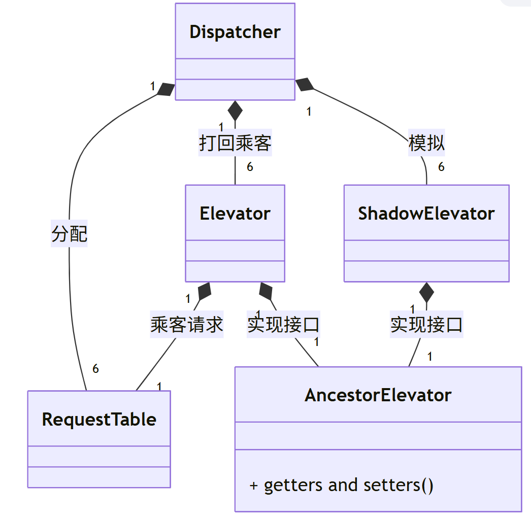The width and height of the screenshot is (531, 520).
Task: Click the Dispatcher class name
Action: (x=235, y=31)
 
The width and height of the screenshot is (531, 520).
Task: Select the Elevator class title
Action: (x=235, y=213)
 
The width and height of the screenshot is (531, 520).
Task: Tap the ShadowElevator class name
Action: (x=426, y=213)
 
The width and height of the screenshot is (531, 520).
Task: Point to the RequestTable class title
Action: (x=99, y=420)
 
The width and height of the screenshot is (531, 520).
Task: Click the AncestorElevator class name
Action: (x=378, y=395)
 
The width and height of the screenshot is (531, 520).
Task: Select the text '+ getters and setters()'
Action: (x=342, y=485)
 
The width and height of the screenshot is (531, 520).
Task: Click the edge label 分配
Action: (x=70, y=234)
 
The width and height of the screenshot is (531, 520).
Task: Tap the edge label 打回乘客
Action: (x=235, y=144)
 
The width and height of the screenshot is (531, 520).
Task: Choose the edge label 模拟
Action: (x=426, y=144)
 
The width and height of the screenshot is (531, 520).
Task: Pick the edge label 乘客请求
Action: (x=187, y=325)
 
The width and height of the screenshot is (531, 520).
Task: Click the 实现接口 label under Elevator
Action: (x=283, y=325)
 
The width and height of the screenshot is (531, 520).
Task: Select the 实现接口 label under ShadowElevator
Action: (x=426, y=325)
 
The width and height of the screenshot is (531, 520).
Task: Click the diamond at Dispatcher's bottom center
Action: (x=235, y=110)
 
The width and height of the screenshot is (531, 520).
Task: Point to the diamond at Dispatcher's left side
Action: (x=166, y=89)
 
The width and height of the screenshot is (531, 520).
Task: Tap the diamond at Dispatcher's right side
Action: (x=305, y=85)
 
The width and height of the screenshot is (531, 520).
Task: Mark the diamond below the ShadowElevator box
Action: (x=426, y=292)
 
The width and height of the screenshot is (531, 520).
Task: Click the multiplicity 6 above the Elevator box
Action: (x=250, y=167)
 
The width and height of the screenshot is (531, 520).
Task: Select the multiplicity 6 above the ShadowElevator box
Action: (x=441, y=167)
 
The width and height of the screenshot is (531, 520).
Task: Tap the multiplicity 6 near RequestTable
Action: (x=95, y=369)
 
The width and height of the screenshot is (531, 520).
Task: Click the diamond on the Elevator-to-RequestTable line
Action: (x=205, y=291)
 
